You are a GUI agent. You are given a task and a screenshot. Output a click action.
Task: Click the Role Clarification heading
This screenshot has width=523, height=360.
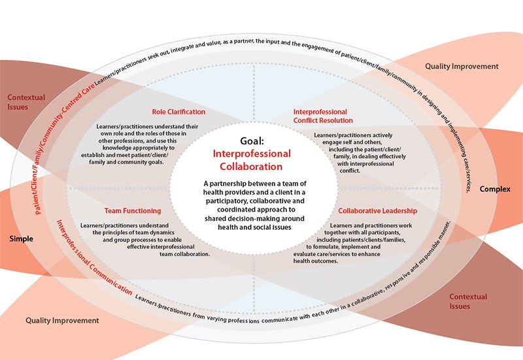tap(178, 112)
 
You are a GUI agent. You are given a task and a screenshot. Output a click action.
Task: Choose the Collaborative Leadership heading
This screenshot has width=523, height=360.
tap(377, 211)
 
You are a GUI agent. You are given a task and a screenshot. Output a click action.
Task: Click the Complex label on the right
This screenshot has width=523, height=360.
tap(494, 189)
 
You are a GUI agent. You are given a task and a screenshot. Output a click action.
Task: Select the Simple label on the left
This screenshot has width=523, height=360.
tap(21, 239)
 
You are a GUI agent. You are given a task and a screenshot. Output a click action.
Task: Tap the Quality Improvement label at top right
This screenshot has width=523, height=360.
tap(462, 67)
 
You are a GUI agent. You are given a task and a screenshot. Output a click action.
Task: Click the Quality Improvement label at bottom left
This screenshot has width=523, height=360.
tap(62, 321)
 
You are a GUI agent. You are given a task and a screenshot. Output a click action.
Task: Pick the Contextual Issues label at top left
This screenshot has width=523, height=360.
tap(26, 102)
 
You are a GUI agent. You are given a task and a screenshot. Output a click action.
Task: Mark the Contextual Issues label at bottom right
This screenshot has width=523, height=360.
tap(468, 301)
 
